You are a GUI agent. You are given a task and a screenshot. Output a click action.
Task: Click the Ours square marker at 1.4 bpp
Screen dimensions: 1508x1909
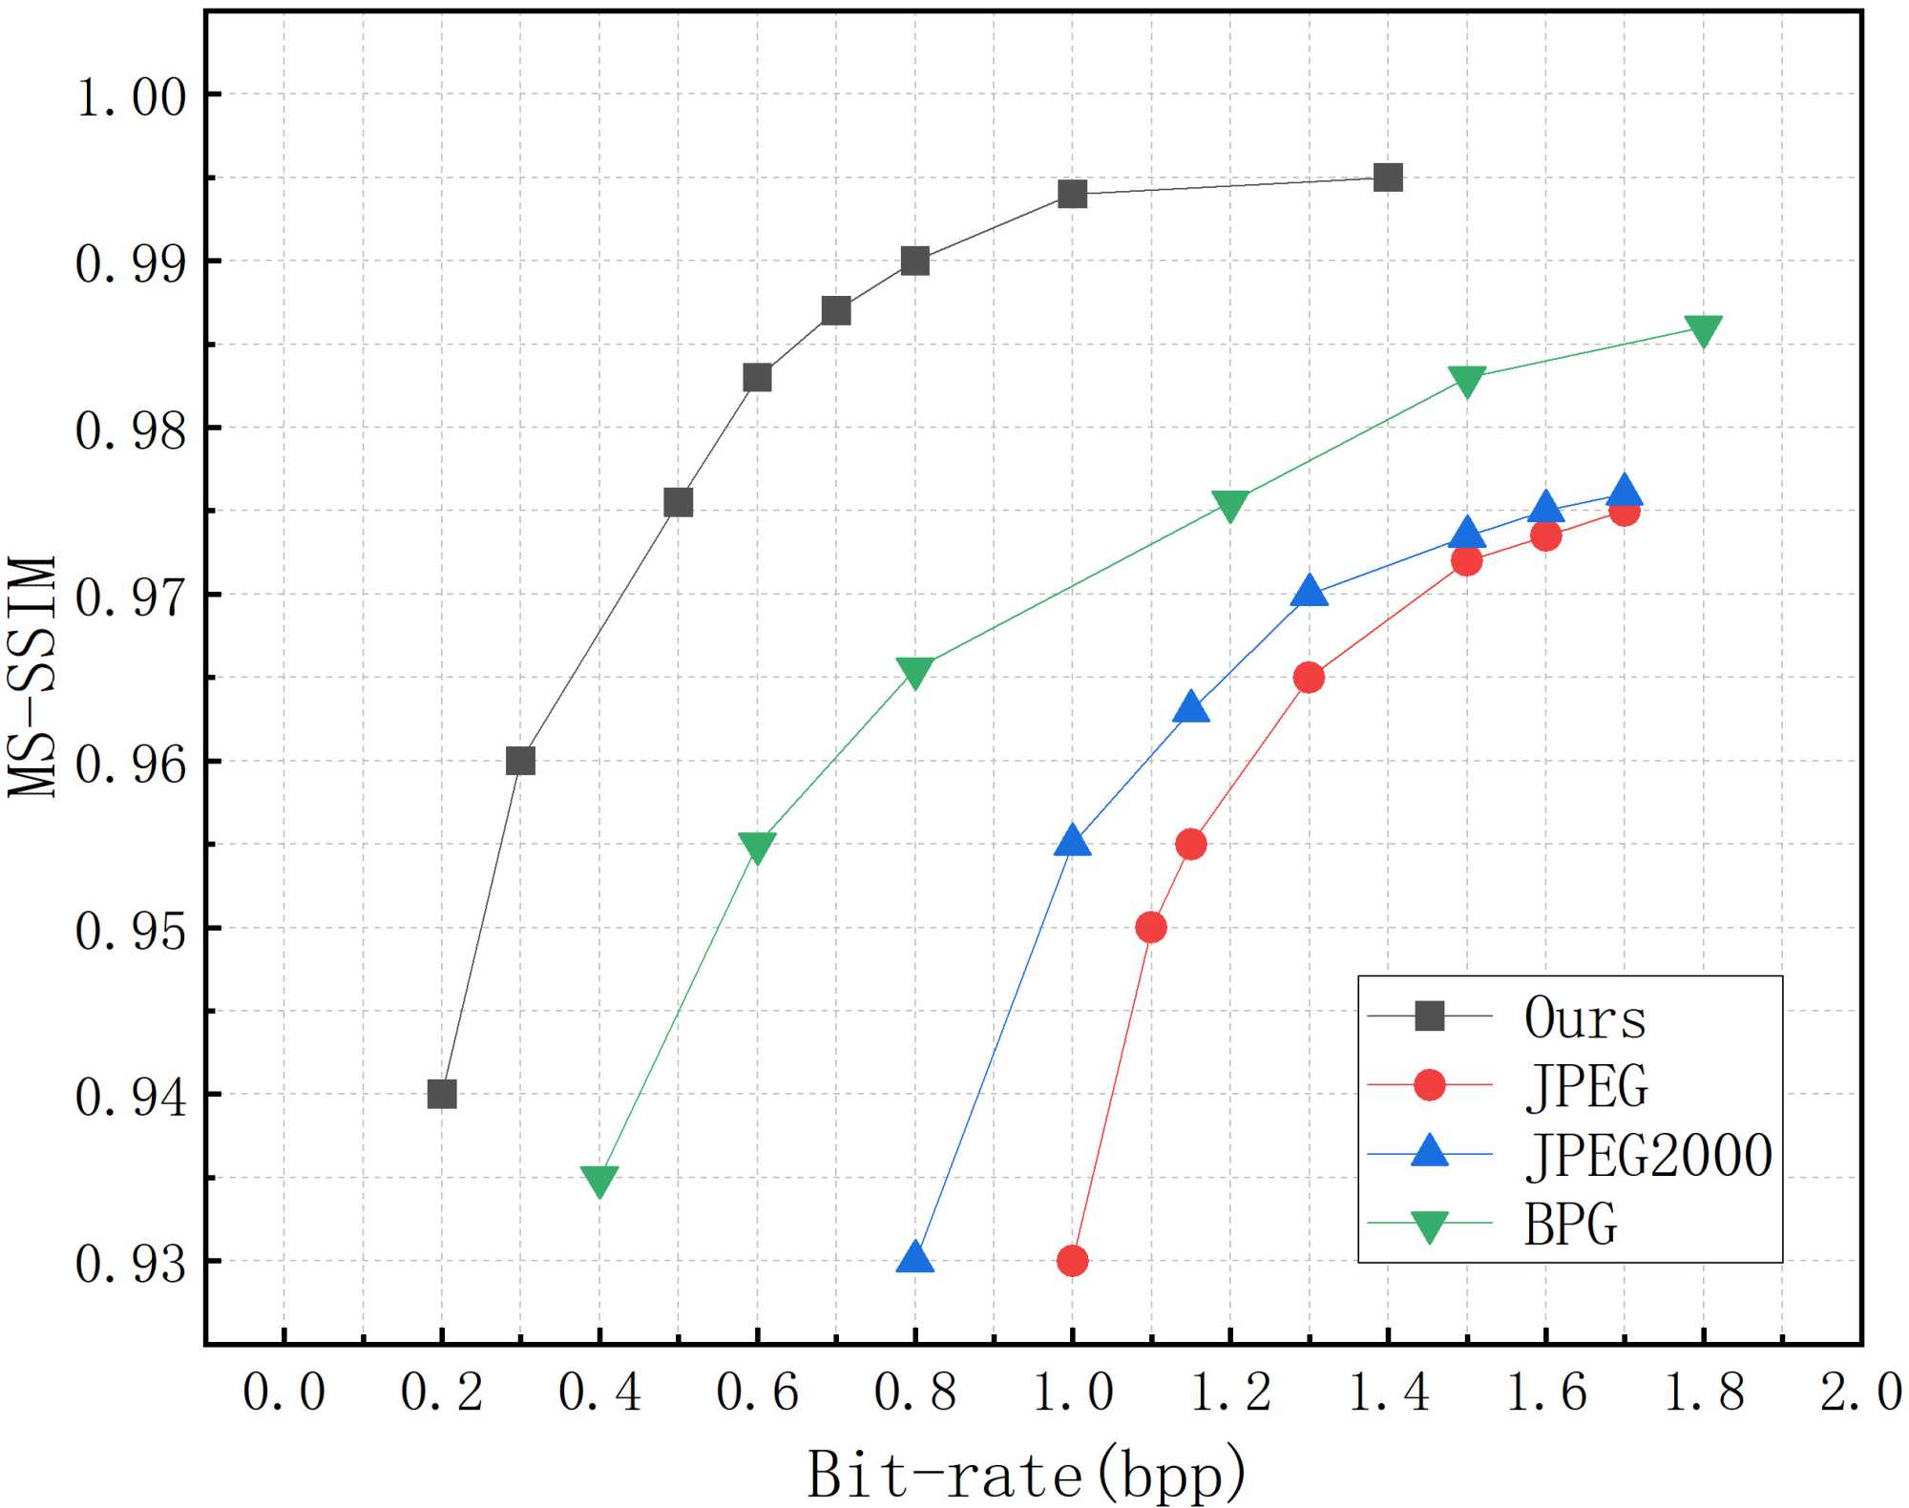1388,178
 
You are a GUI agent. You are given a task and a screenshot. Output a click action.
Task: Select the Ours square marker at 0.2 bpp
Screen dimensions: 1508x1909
442,1094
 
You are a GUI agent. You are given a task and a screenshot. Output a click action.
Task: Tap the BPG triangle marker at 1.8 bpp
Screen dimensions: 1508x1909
1704,330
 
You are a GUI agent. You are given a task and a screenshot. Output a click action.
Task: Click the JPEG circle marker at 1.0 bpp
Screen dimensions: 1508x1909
1073,1261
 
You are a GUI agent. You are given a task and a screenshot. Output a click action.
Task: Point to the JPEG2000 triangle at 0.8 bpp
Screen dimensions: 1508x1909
915,1258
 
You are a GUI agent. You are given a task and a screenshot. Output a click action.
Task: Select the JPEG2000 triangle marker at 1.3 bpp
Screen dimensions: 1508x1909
1310,592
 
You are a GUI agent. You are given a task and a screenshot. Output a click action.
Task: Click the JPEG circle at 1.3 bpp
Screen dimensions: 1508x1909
1309,678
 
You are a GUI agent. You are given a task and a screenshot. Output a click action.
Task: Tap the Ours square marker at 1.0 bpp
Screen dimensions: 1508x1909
1073,194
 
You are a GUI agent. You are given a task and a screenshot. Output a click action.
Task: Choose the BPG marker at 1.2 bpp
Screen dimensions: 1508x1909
1230,506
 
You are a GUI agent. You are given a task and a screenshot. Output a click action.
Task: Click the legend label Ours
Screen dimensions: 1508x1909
1585,1017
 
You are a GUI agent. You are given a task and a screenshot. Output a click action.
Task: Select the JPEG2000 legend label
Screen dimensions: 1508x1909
1648,1155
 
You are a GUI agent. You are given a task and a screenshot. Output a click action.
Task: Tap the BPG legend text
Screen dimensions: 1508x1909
1570,1224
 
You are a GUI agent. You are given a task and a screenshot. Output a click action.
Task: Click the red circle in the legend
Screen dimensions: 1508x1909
1429,1085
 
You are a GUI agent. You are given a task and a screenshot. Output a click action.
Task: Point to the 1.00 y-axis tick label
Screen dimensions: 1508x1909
132,97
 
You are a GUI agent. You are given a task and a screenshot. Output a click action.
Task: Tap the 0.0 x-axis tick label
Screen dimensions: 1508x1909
284,1392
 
